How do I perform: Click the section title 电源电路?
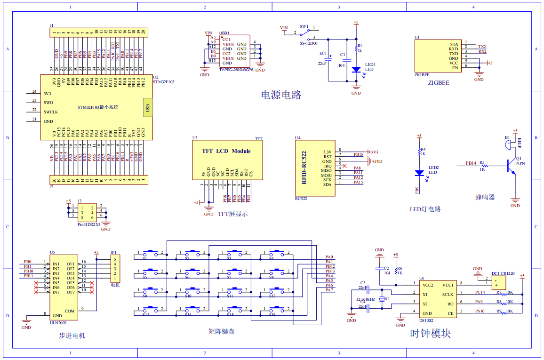[281, 95]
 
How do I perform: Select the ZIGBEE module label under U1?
[438, 83]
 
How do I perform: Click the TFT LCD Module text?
[226, 151]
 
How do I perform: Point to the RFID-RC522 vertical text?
[304, 167]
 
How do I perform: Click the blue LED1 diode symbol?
[356, 70]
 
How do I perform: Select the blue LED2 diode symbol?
[419, 173]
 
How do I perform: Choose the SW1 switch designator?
[304, 27]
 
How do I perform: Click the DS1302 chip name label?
[426, 320]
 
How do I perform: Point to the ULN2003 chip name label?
[58, 323]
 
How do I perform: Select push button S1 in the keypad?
[152, 253]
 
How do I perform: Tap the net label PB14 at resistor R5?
[471, 163]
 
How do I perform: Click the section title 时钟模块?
[430, 334]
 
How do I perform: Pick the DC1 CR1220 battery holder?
[497, 282]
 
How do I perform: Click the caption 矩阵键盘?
[221, 331]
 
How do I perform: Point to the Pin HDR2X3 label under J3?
[89, 225]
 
